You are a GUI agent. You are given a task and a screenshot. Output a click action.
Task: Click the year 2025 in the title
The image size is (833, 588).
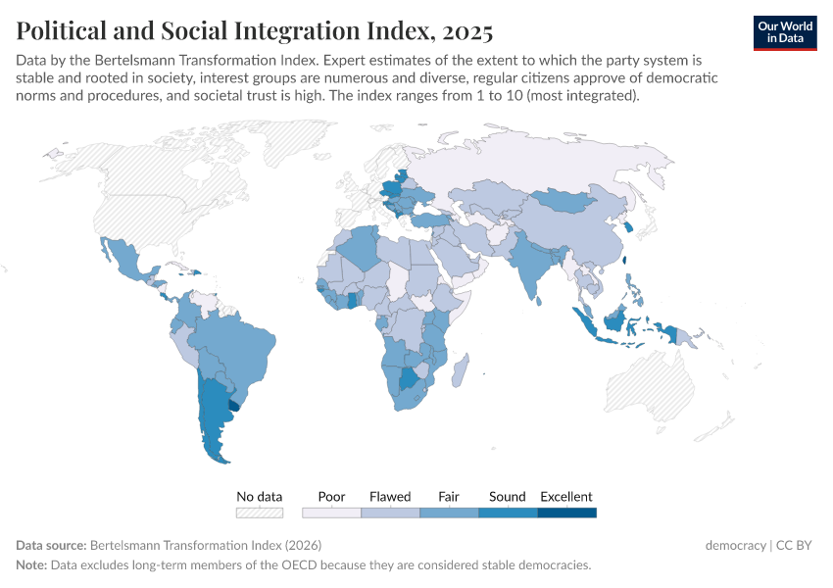[462, 31]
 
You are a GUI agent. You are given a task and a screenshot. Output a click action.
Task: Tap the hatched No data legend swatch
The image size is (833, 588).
[260, 513]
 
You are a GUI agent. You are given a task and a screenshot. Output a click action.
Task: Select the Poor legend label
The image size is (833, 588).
[332, 497]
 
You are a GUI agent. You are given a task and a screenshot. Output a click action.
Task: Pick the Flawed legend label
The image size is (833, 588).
[390, 497]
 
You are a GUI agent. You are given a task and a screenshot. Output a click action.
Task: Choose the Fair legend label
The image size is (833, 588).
[449, 497]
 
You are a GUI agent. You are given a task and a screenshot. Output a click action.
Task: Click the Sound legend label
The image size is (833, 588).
[508, 497]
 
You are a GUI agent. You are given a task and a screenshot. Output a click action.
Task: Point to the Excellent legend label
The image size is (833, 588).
[566, 497]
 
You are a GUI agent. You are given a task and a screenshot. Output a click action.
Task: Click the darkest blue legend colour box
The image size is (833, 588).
[567, 513]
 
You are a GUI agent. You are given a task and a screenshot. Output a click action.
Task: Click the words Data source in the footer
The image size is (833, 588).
[50, 545]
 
